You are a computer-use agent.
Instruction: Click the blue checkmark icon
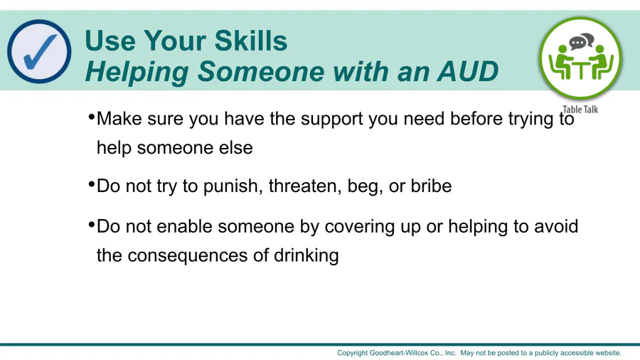[x=39, y=51]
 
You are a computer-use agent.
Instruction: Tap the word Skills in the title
[x=250, y=41]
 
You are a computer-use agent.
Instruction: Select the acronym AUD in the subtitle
[x=467, y=71]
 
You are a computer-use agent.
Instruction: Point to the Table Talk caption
[x=580, y=110]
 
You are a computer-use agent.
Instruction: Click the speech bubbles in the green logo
[x=581, y=41]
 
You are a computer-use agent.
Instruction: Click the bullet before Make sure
[x=92, y=117]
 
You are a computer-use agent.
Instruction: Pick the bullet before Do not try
[x=92, y=184]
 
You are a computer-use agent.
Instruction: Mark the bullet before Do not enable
[x=92, y=225]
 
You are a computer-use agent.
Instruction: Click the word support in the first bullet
[x=332, y=120]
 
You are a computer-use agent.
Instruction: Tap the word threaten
[x=305, y=186]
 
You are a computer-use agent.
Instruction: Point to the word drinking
[x=306, y=256]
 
